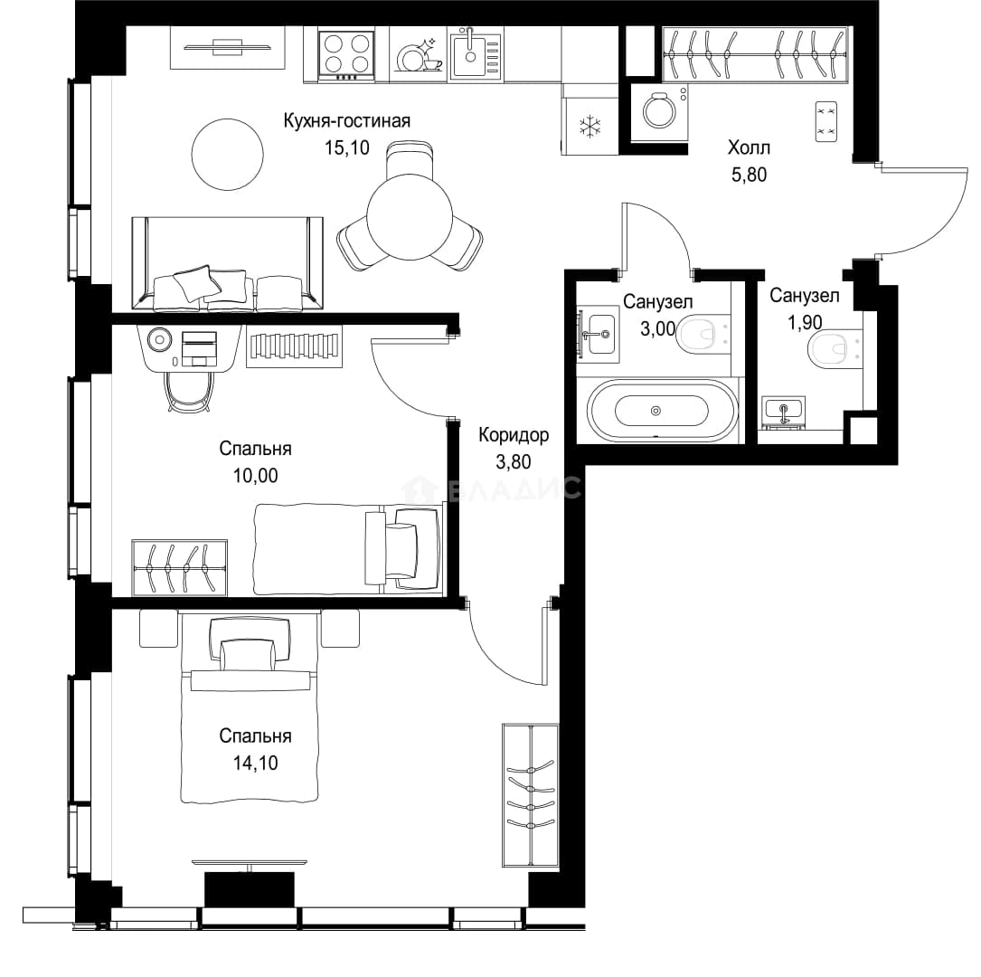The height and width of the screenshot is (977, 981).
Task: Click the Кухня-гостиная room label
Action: click(346, 120)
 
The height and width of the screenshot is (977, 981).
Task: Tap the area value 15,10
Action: click(346, 147)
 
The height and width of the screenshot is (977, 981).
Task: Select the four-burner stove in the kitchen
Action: click(346, 55)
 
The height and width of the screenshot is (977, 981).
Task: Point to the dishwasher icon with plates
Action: click(418, 55)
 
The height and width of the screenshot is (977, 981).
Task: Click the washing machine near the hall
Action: click(659, 112)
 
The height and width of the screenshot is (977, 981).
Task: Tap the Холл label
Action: click(749, 147)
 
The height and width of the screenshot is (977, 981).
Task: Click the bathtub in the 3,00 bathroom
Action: click(662, 411)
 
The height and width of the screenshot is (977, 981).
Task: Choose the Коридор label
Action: click(514, 434)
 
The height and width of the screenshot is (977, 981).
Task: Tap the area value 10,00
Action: click(255, 476)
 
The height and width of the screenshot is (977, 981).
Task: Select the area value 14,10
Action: click(255, 763)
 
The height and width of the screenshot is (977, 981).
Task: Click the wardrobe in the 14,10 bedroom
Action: click(531, 795)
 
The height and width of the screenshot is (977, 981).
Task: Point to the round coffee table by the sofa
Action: click(227, 155)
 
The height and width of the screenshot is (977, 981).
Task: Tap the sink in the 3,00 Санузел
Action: click(599, 334)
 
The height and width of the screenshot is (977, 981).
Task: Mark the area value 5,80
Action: click(749, 175)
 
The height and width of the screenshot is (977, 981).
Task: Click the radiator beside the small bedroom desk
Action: click(294, 346)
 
